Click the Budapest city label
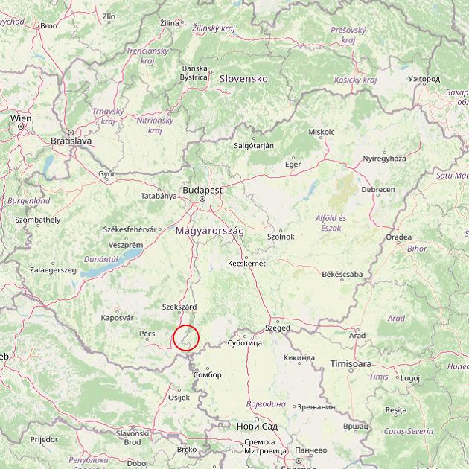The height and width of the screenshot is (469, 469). pyautogui.click(x=201, y=191)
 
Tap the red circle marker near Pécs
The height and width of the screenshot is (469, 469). pyautogui.click(x=186, y=338)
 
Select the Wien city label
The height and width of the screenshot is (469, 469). pyautogui.click(x=21, y=118)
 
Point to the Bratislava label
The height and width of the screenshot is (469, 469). pyautogui.click(x=71, y=140)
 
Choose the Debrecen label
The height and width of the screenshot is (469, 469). pyautogui.click(x=378, y=190)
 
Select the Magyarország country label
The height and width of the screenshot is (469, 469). pyautogui.click(x=210, y=232)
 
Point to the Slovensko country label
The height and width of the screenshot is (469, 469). pyautogui.click(x=243, y=78)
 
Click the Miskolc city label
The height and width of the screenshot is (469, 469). pyautogui.click(x=321, y=132)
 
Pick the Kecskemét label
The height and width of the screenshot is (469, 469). pyautogui.click(x=246, y=264)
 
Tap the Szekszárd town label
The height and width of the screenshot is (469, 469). pyautogui.click(x=179, y=307)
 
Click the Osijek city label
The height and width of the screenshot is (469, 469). pyautogui.click(x=180, y=397)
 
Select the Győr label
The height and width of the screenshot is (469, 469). pyautogui.click(x=107, y=173)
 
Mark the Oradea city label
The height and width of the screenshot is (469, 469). pyautogui.click(x=398, y=237)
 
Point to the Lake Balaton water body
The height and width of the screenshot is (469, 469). pyautogui.click(x=130, y=258)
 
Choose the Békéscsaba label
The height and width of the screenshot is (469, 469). pyautogui.click(x=342, y=274)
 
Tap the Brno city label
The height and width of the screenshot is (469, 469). pyautogui.click(x=49, y=25)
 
